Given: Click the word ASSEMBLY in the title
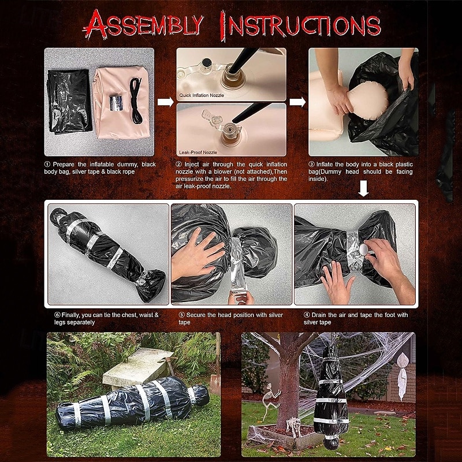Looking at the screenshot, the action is [144, 24].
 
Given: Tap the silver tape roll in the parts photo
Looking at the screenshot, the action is [115, 103].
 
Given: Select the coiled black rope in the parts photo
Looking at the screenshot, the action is [136, 100].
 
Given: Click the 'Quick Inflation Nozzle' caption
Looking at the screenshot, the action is [202, 95].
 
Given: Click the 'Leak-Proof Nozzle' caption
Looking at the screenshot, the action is [198, 152].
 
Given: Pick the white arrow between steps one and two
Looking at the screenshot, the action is [165, 102].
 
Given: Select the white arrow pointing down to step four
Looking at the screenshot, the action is [363, 189].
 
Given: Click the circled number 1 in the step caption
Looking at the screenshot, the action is [47, 165].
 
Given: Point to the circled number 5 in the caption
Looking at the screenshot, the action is [182, 315].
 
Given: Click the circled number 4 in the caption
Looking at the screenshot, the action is [307, 315].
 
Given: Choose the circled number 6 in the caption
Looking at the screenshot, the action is [57, 315].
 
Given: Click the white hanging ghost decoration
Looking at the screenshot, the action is [402, 377].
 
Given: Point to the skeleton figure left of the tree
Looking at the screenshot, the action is [270, 401].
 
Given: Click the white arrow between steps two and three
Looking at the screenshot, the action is [297, 102].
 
